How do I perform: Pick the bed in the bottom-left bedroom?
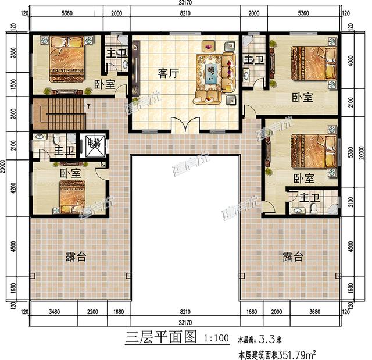tap(71, 197)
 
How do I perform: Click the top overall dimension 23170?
tap(185, 3)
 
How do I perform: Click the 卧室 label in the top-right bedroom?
tap(302, 98)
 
